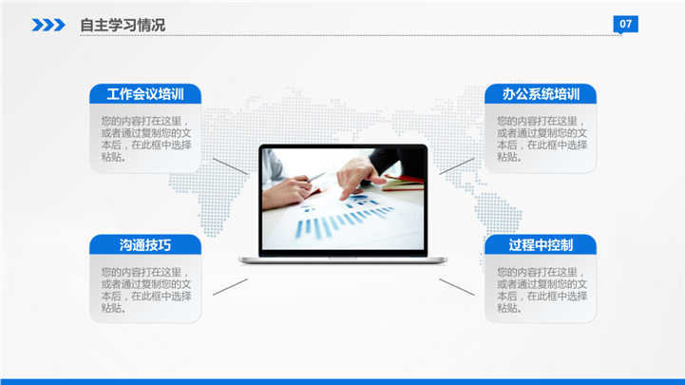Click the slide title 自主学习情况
[x=123, y=25]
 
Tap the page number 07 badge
[x=625, y=24]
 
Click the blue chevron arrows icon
[x=48, y=25]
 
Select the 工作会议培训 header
[x=145, y=94]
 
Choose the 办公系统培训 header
[x=541, y=94]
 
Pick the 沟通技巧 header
[x=145, y=244]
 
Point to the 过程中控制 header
[x=541, y=244]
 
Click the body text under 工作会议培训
[x=146, y=139]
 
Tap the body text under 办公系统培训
[x=542, y=139]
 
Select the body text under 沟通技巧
[x=146, y=290]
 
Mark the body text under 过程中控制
[x=542, y=290]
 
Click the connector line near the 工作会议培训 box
[x=230, y=166]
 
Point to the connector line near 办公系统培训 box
[x=457, y=166]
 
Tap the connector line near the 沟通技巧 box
[x=230, y=287]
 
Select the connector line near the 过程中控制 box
[x=457, y=287]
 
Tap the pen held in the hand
[x=315, y=178]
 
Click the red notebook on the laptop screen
[x=403, y=183]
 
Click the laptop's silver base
[x=343, y=260]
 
